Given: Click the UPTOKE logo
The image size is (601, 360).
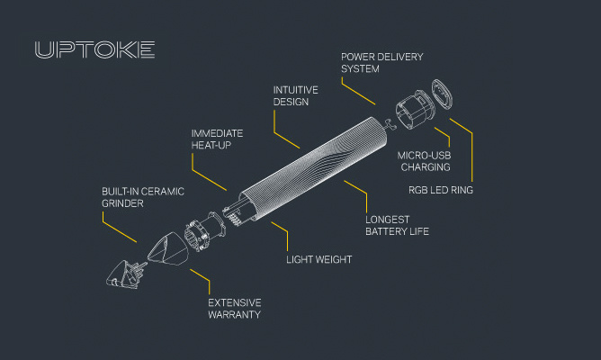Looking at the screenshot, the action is coord(94,49).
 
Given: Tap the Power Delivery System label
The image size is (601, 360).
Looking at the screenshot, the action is coord(381,63).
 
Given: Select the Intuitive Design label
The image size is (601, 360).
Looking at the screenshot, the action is coord(295,95).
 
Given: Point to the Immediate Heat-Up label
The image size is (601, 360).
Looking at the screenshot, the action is coord(217,139).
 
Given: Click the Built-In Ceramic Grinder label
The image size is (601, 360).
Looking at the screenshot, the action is coord(142,197).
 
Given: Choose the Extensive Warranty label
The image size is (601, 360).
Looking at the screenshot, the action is coord(235,309).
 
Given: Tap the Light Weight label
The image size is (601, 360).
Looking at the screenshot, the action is coord(318,259).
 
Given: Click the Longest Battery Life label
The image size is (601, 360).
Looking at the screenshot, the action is coord(397,225).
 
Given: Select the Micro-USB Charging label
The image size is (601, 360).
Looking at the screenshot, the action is coord(424,161).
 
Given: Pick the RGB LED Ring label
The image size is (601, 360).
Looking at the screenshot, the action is coord(441,190).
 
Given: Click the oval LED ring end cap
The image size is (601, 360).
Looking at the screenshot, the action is coord(442,94).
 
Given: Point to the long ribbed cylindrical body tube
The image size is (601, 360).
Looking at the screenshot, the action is coord(312,168).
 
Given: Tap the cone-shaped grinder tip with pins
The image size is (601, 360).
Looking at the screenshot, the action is coord(123,274).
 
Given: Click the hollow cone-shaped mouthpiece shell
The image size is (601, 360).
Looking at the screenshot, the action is coord(168,249).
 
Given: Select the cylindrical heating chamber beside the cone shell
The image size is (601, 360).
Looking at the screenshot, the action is coord(205,231).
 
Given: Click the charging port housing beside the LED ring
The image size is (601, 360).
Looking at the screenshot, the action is coord(415,109).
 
